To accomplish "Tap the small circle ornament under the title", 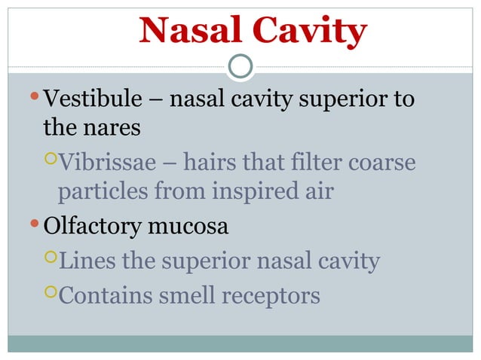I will (240, 67).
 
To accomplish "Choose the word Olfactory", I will (91, 226).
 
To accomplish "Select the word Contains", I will (108, 296).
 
